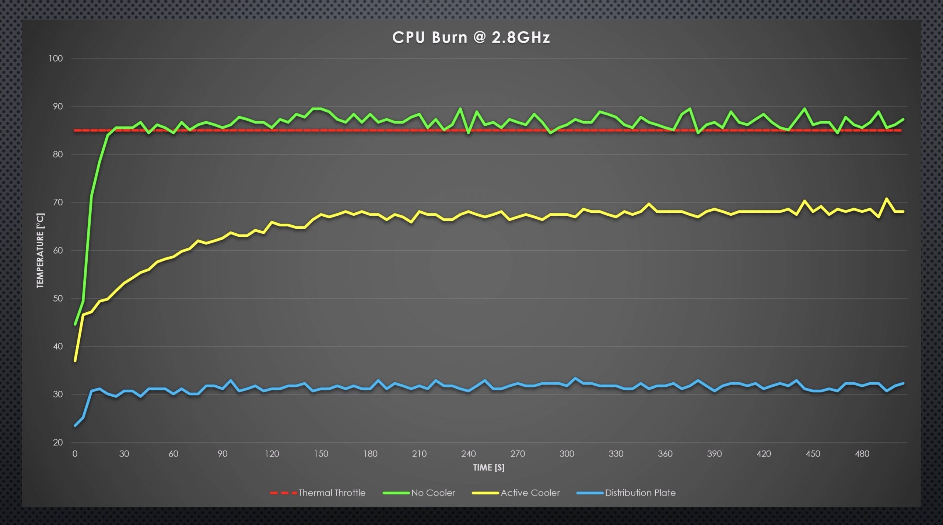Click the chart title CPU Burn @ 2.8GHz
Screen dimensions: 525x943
[x=471, y=38]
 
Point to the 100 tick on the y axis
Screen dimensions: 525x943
[x=56, y=59]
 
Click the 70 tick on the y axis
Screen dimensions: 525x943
[x=58, y=202]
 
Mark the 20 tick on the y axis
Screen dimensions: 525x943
[x=58, y=442]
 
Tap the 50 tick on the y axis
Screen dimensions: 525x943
[x=58, y=298]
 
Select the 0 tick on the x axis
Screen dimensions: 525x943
[x=75, y=454]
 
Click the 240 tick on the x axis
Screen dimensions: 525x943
[x=468, y=454]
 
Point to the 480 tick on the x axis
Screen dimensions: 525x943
[x=862, y=454]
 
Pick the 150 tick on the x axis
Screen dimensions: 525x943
[x=321, y=454]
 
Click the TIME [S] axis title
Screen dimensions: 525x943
[x=488, y=468]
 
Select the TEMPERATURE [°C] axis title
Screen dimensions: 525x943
[x=40, y=251]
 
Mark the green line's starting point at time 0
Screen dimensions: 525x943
[x=75, y=324]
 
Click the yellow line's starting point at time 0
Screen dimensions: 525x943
[x=75, y=361]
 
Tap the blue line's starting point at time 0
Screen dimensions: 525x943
[x=75, y=426]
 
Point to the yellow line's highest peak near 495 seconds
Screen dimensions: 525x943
[x=886, y=199]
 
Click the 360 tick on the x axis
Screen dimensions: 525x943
[x=665, y=454]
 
